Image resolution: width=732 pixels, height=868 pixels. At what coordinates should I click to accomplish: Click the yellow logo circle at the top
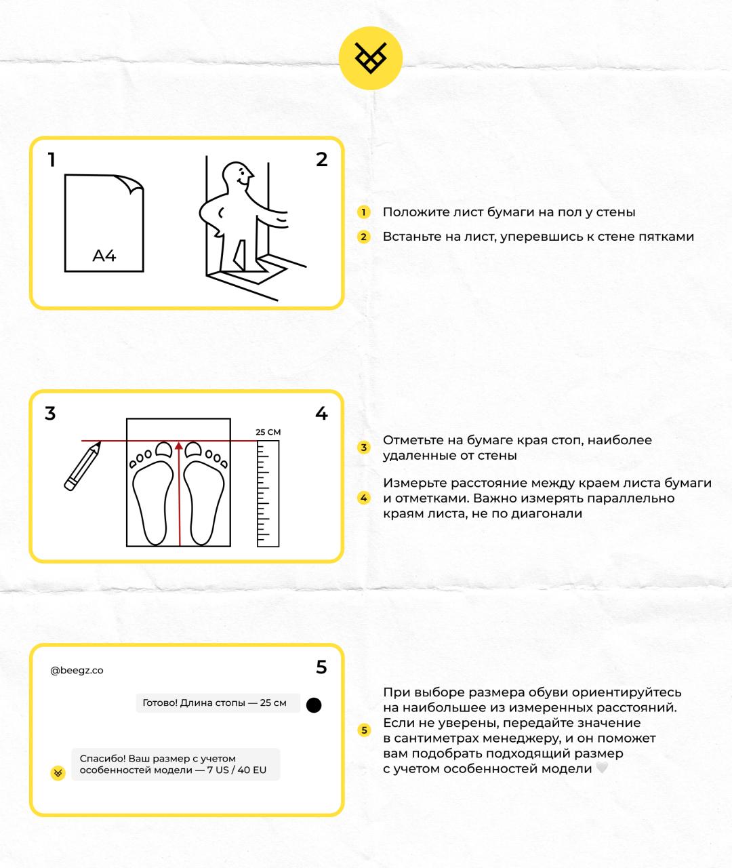click(x=371, y=58)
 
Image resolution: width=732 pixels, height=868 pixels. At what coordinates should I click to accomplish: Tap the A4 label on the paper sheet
click(x=104, y=256)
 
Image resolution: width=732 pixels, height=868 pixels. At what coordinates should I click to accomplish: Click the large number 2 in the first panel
click(x=322, y=159)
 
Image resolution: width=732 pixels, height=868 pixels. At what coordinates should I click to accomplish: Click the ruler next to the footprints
click(x=268, y=493)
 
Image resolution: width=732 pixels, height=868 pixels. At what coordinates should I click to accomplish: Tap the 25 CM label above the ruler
click(x=268, y=432)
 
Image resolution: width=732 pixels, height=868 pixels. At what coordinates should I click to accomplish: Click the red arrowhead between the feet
click(x=179, y=446)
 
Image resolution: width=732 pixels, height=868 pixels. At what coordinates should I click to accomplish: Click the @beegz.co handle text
click(x=77, y=671)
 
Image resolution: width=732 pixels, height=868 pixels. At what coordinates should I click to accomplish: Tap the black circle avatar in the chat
click(x=314, y=705)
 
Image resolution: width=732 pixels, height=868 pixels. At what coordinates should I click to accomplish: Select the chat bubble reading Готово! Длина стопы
click(x=214, y=703)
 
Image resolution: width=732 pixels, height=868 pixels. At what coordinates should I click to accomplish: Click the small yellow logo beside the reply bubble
click(x=58, y=773)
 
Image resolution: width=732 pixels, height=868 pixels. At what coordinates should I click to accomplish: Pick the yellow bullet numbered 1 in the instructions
click(x=363, y=212)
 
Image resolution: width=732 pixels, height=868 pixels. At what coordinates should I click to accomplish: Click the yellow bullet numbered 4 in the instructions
click(x=363, y=498)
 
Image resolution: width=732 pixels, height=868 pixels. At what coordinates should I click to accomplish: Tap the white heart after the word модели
click(x=602, y=768)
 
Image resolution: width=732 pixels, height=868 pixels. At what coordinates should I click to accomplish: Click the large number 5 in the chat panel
click(x=321, y=668)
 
